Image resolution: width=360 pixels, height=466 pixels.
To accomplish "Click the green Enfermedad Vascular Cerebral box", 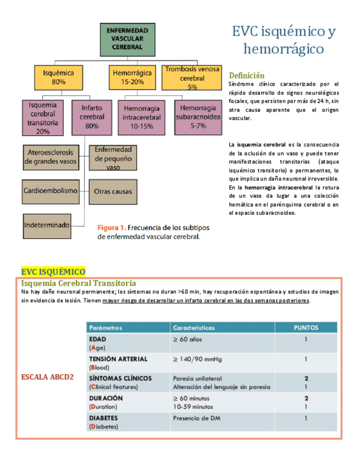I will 127,39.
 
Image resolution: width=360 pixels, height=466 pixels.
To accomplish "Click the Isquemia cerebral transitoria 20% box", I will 42,118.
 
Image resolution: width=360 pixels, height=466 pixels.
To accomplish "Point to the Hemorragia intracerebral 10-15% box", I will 142,117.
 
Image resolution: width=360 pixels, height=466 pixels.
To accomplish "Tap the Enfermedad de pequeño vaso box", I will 113,158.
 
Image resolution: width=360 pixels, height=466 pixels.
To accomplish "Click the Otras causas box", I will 113,192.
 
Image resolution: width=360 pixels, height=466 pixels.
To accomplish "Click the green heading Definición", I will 247,75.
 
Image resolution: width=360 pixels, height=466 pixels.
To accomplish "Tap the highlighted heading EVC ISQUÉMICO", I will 53,272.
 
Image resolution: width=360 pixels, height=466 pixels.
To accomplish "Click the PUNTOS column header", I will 306,327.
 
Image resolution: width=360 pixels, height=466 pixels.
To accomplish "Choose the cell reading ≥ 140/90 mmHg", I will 197,359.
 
